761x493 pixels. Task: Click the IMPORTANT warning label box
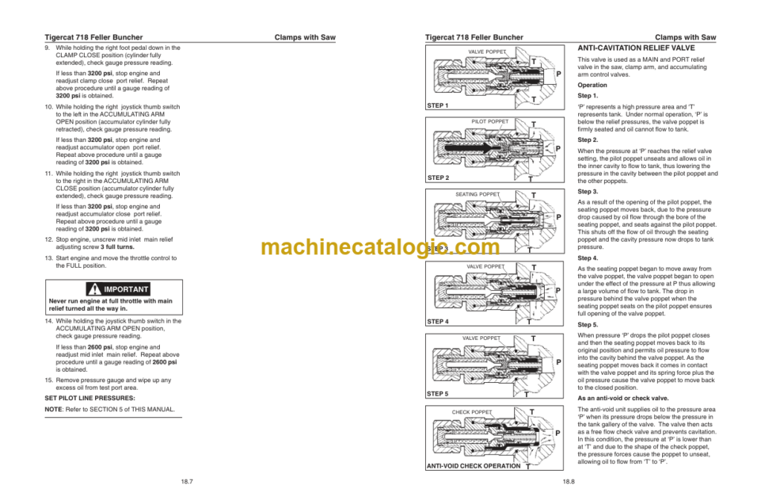coord(118,289)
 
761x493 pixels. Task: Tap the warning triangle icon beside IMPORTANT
coord(94,289)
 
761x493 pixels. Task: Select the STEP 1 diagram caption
coord(438,106)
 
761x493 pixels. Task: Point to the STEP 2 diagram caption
coord(438,178)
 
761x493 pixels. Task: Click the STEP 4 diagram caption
coord(438,322)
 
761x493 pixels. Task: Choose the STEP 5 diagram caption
coord(438,394)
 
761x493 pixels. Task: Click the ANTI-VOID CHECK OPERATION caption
coord(473,466)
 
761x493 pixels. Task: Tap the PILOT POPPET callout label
coord(490,121)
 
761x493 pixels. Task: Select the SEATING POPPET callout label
coord(477,194)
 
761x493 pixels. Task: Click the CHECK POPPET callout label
coord(472,412)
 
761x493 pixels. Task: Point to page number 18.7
coord(187,482)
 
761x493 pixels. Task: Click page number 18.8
coord(569,482)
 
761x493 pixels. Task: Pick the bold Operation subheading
coord(592,85)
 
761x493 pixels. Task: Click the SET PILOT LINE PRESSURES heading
coord(90,399)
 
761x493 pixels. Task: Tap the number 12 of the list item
coord(48,239)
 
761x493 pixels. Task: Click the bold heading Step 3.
coord(588,191)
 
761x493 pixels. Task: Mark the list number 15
coord(48,380)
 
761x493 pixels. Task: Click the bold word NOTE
coord(54,409)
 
